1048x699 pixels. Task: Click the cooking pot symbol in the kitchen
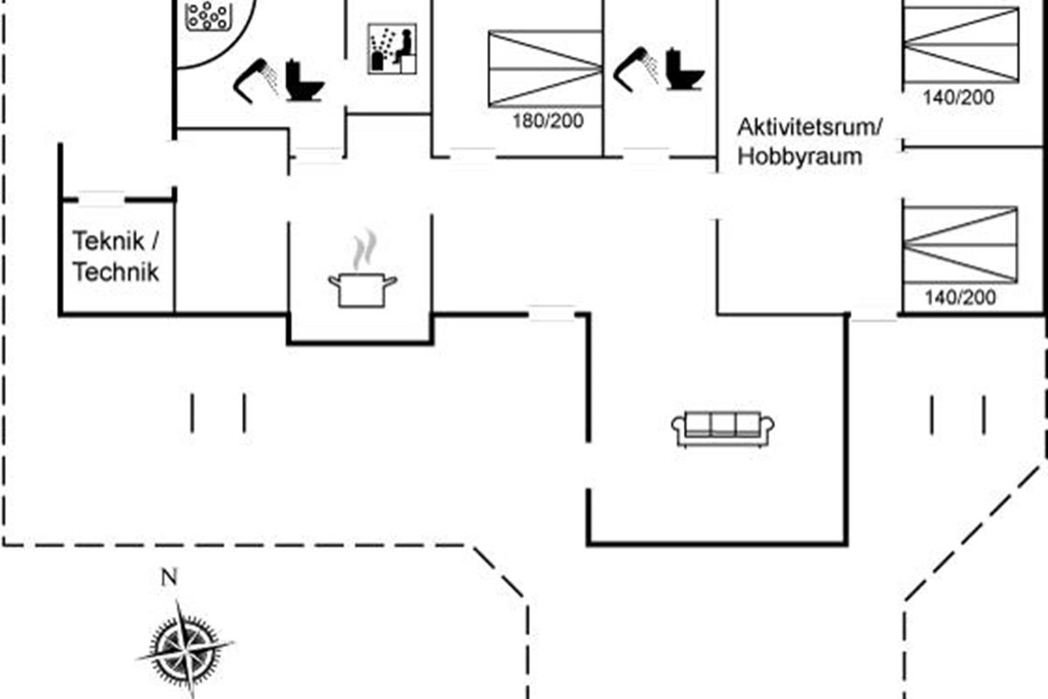(x=362, y=288)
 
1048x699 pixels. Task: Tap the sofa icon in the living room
(x=724, y=427)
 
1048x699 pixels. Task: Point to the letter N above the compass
(x=169, y=577)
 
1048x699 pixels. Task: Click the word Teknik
(x=108, y=241)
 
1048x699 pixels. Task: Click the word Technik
(x=115, y=273)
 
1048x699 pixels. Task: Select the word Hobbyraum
(x=800, y=157)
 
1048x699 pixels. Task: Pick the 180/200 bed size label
(x=548, y=121)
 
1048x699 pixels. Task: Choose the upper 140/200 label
(x=959, y=98)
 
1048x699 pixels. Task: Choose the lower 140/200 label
(x=960, y=298)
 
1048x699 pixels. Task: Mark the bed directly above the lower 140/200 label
(x=960, y=245)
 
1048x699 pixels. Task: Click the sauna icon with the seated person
(x=391, y=49)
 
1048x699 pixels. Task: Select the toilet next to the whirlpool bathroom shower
(x=304, y=80)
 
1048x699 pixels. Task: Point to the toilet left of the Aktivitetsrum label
(x=684, y=69)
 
